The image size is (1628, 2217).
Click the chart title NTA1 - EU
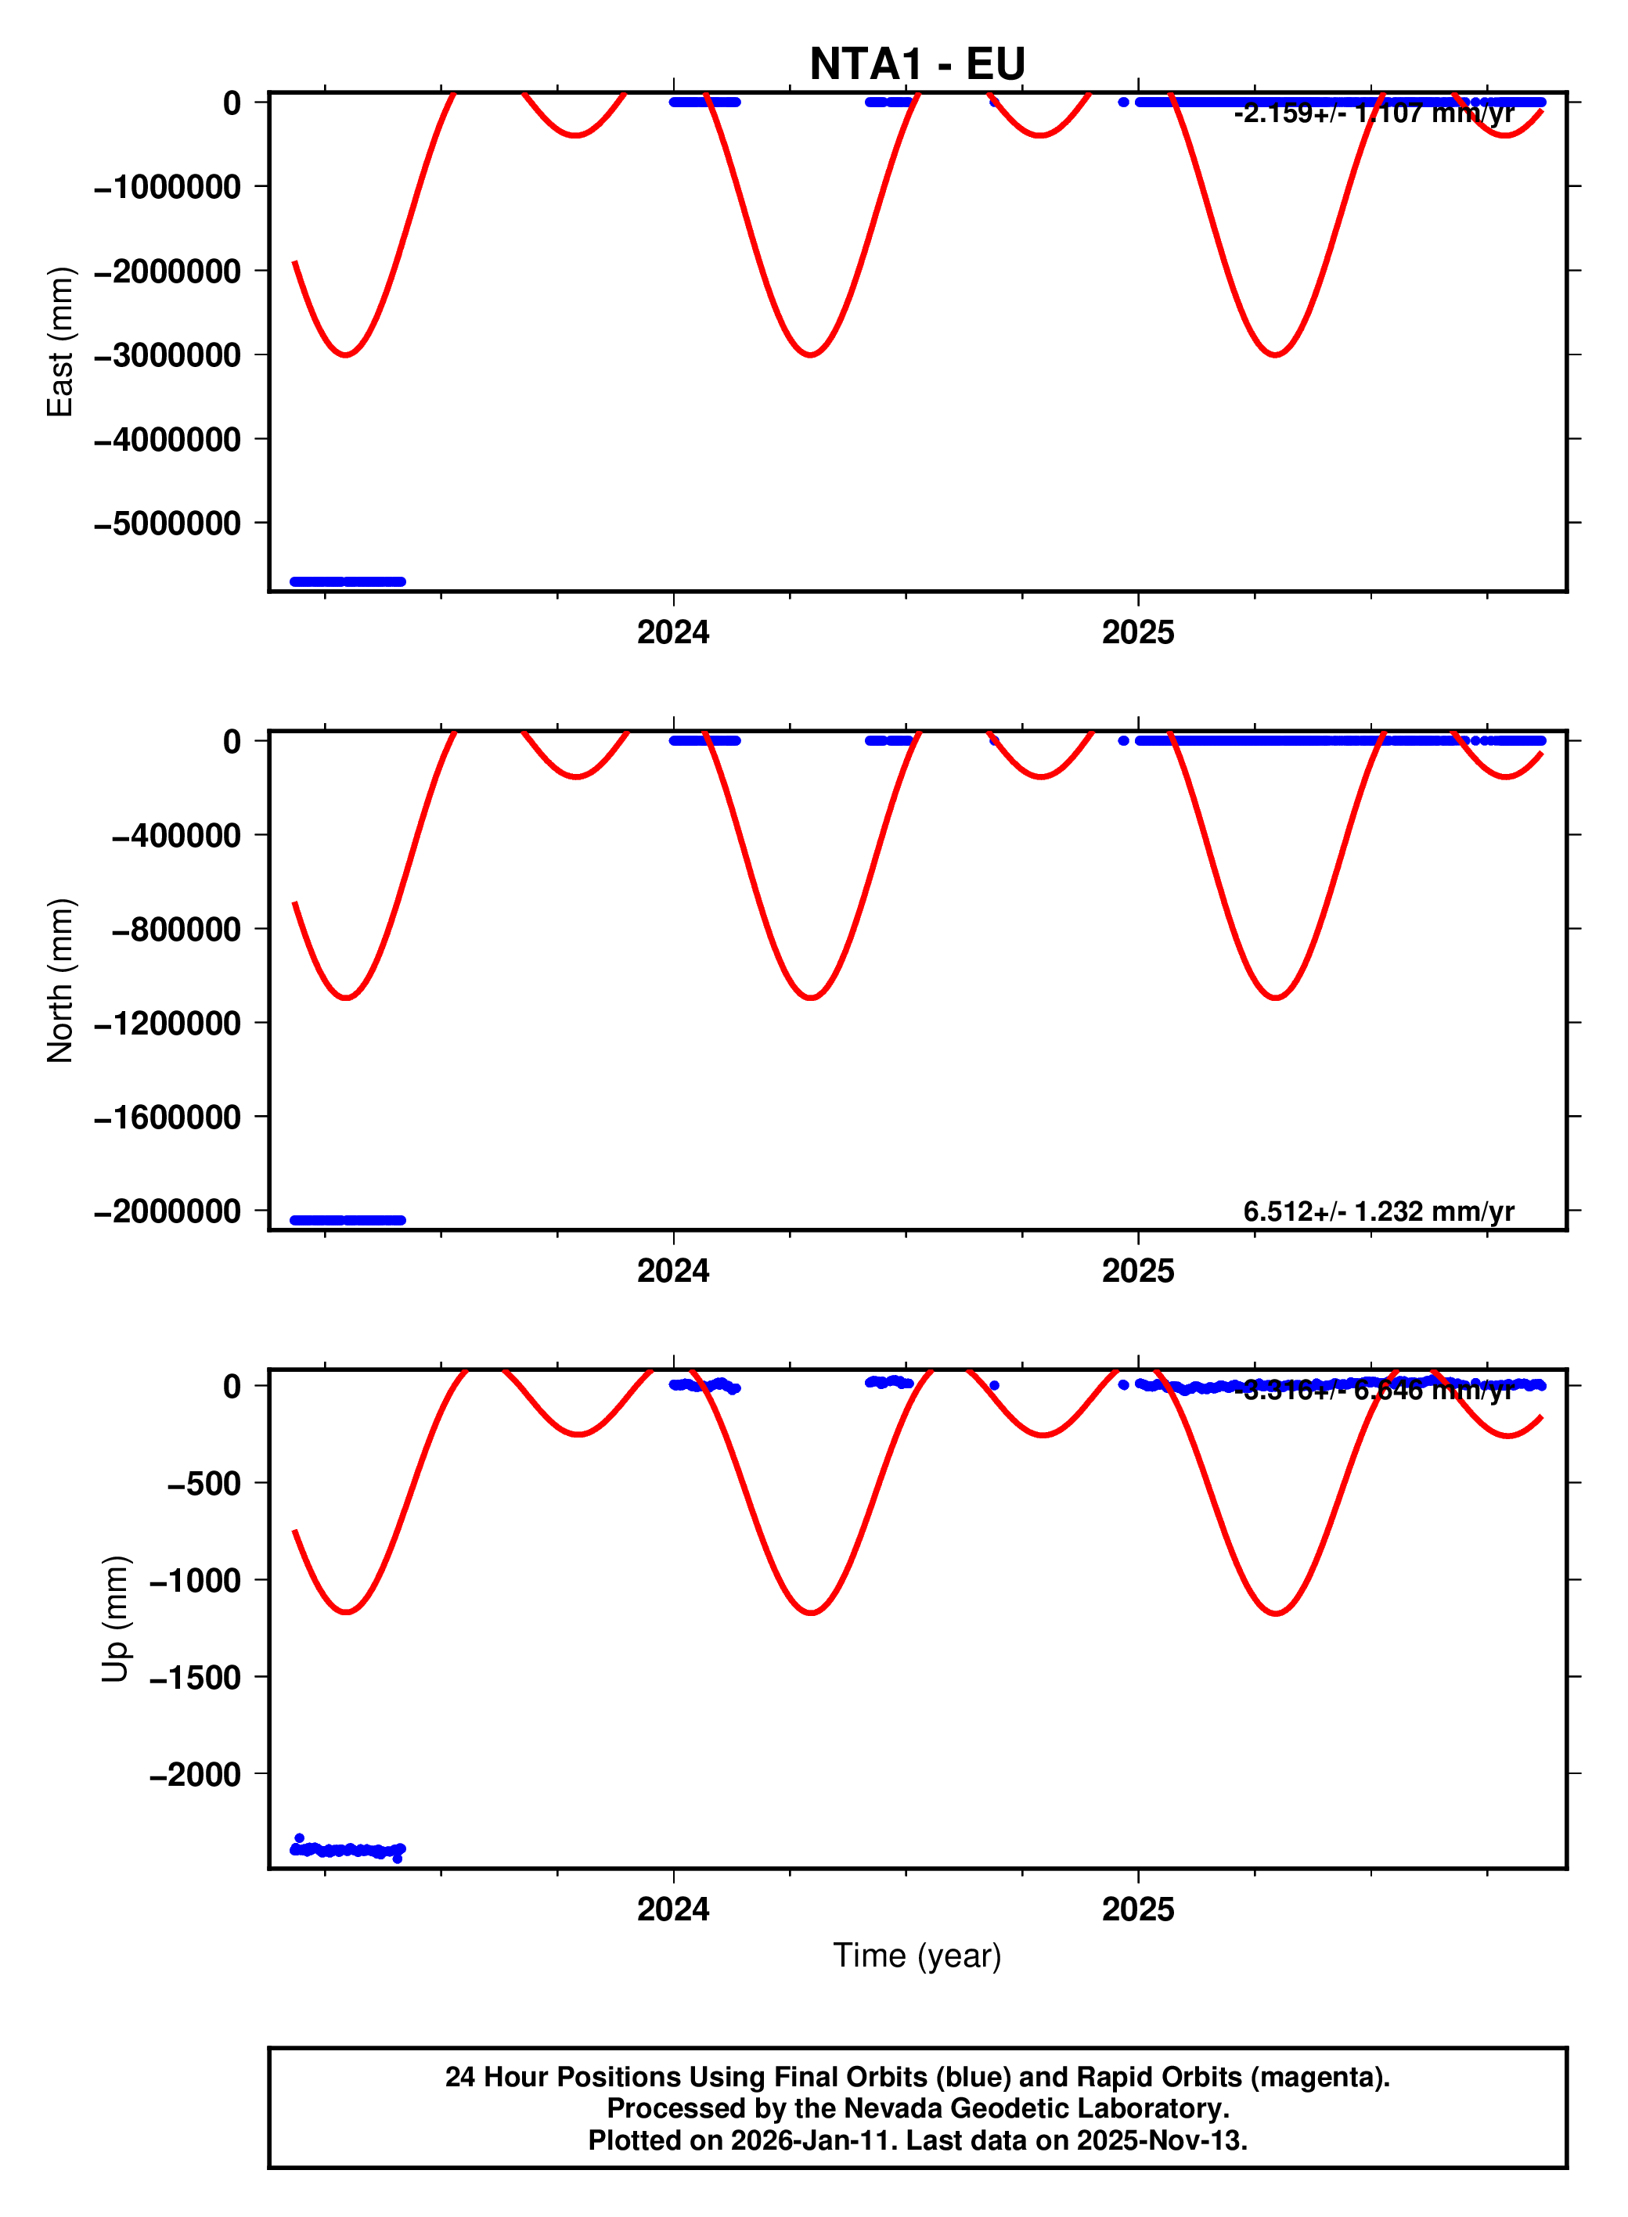click(x=917, y=64)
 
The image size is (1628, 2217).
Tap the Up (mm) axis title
click(x=115, y=1619)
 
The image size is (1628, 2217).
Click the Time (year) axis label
click(x=917, y=1955)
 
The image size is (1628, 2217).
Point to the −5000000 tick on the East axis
click(x=167, y=524)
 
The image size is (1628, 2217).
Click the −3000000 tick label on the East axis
click(x=167, y=355)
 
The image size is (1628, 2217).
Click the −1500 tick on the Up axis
click(x=195, y=1677)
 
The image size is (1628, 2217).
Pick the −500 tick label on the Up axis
click(x=204, y=1483)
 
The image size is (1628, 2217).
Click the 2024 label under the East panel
click(x=673, y=632)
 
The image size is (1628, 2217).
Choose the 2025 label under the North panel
click(x=1137, y=1271)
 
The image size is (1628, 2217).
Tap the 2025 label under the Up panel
click(x=1137, y=1909)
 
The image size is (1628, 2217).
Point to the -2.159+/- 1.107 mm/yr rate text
click(x=1374, y=113)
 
